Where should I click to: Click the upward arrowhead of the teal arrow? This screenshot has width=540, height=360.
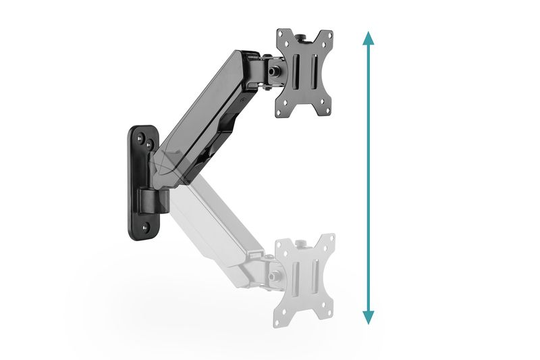tap(368, 38)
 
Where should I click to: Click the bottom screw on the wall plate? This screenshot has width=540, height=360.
tap(144, 227)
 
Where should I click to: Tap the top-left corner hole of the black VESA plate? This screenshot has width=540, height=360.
tap(282, 36)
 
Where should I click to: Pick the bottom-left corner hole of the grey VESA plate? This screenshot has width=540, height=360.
tap(282, 316)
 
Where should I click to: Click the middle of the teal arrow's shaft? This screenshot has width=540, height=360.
tap(368, 177)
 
